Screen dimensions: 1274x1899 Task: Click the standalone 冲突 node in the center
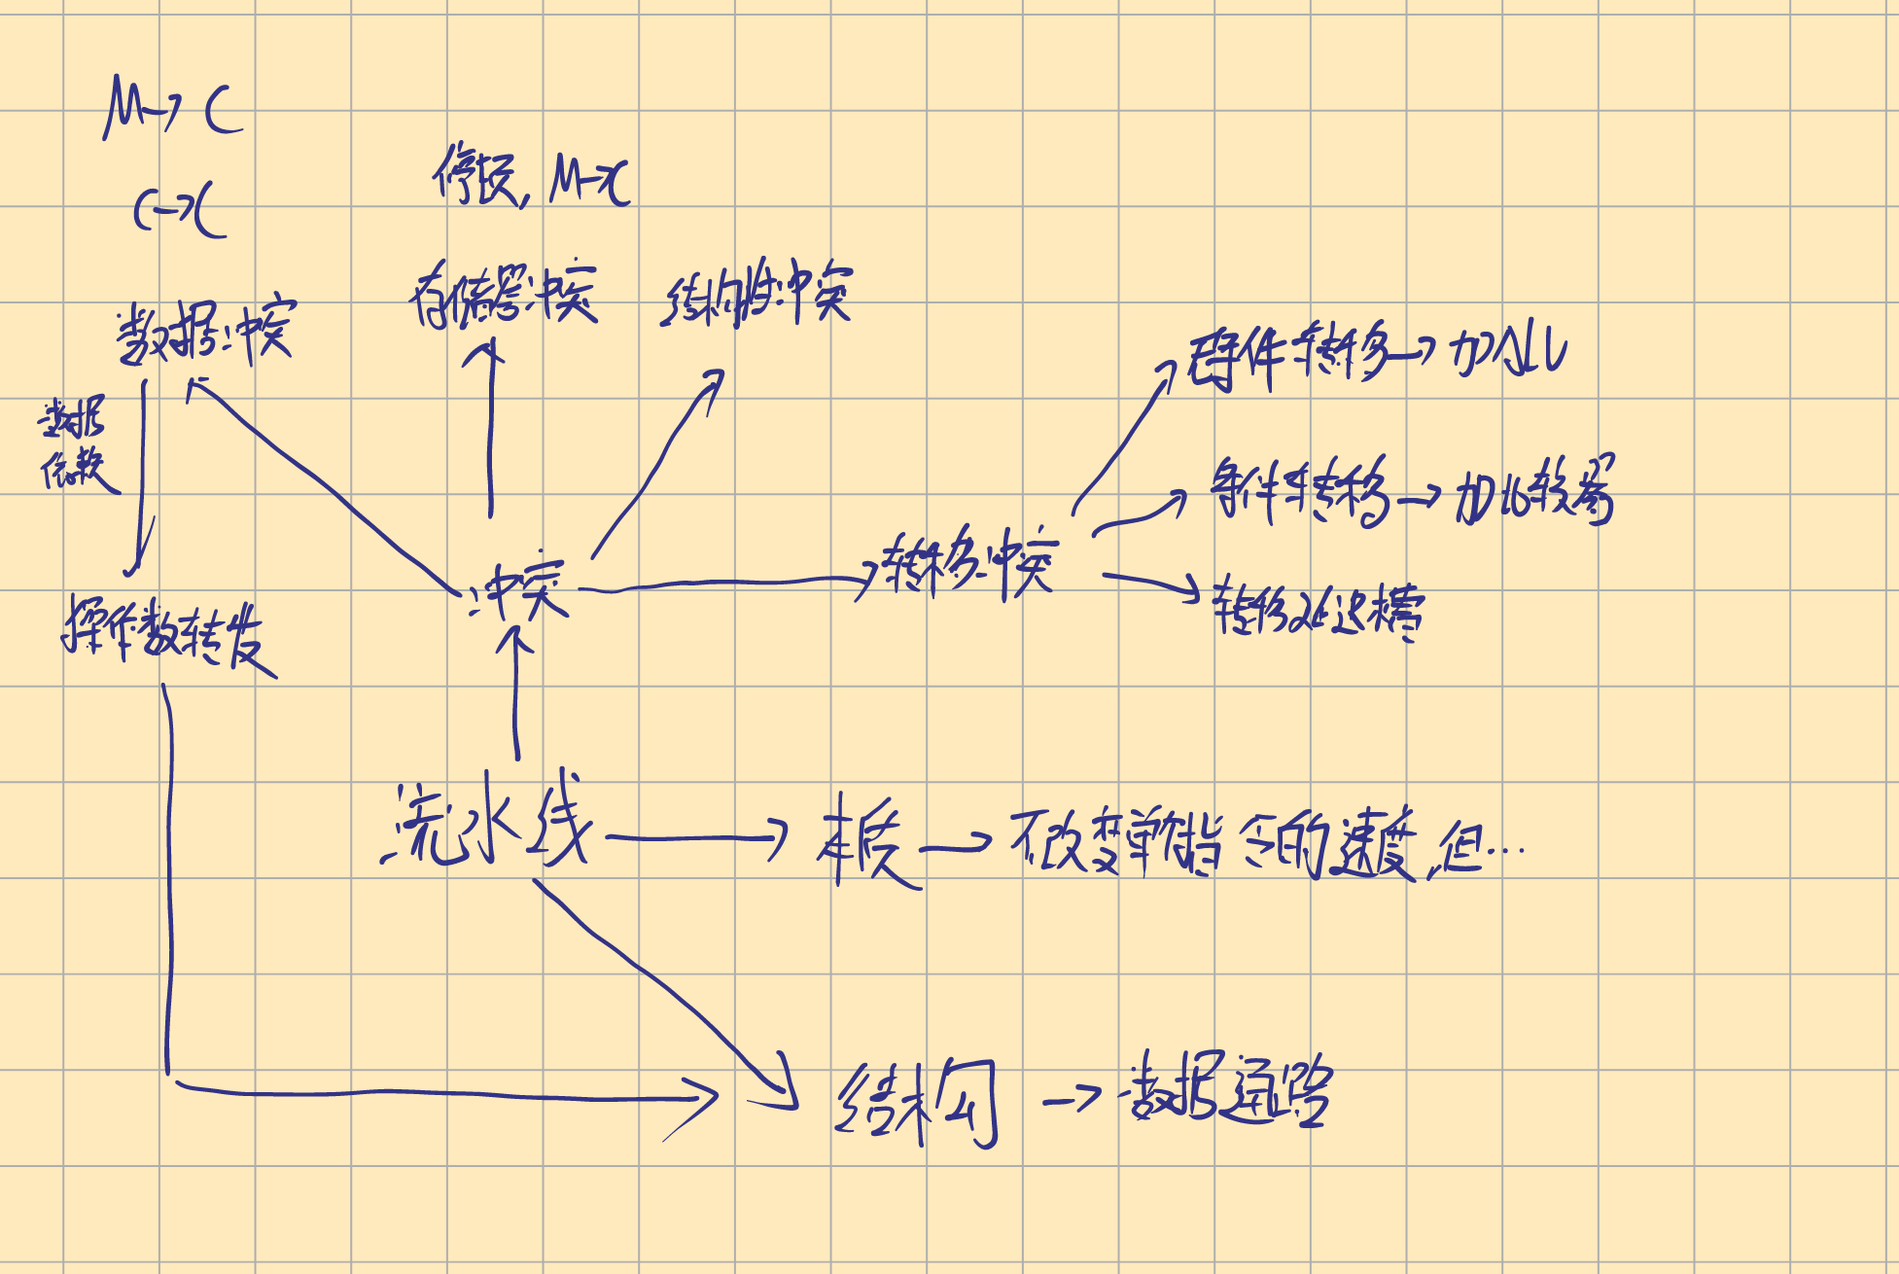(x=517, y=589)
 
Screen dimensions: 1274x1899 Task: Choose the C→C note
(x=181, y=211)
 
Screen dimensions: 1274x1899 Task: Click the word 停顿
(x=477, y=176)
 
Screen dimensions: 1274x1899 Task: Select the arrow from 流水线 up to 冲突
(x=516, y=695)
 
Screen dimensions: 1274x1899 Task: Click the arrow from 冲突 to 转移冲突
(x=729, y=584)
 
